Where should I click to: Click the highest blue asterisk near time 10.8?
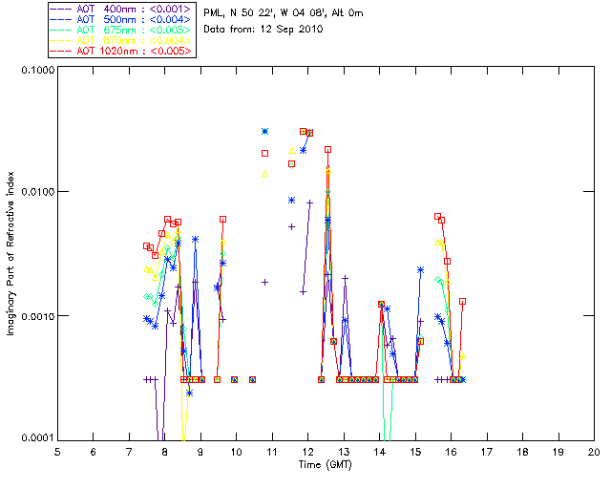pos(265,132)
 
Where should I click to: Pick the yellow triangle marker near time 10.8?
pos(265,174)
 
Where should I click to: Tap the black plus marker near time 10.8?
pos(265,282)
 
